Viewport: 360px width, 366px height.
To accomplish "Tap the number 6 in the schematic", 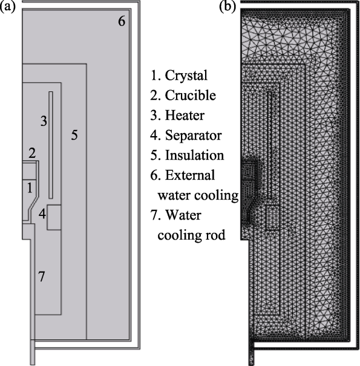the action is [x=122, y=21].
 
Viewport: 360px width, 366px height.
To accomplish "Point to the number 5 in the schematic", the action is [x=74, y=135].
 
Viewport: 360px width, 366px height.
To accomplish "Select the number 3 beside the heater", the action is [x=44, y=121].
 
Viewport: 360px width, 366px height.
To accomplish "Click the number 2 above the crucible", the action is [x=32, y=153].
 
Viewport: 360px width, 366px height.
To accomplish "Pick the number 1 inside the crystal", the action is [x=30, y=188].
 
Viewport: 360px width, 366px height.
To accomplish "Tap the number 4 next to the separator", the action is [x=42, y=214].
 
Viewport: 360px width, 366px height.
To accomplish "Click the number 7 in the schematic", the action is [x=41, y=276].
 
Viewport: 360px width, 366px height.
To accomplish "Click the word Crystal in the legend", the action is [x=186, y=76].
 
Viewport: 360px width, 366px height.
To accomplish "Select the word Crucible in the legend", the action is [x=190, y=95].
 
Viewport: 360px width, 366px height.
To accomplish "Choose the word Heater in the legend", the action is [x=185, y=116].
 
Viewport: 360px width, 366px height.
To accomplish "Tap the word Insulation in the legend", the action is [x=194, y=155].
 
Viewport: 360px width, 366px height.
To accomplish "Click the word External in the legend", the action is [x=190, y=175].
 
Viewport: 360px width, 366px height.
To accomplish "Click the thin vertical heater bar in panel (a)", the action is [x=51, y=145].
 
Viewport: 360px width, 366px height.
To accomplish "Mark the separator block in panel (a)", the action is [x=54, y=218].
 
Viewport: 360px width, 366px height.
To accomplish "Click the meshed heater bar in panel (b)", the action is [x=269, y=145].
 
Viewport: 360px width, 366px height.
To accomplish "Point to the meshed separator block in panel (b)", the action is [x=272, y=218].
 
